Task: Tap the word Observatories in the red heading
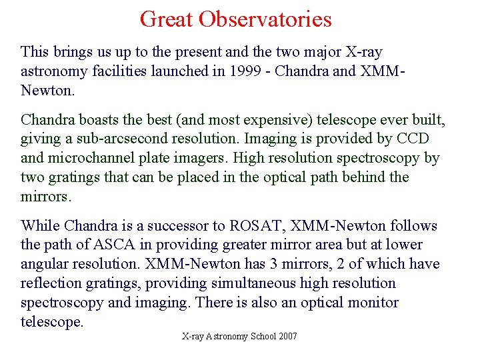coord(268,19)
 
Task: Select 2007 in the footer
coord(287,337)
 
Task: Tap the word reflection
coord(50,283)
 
